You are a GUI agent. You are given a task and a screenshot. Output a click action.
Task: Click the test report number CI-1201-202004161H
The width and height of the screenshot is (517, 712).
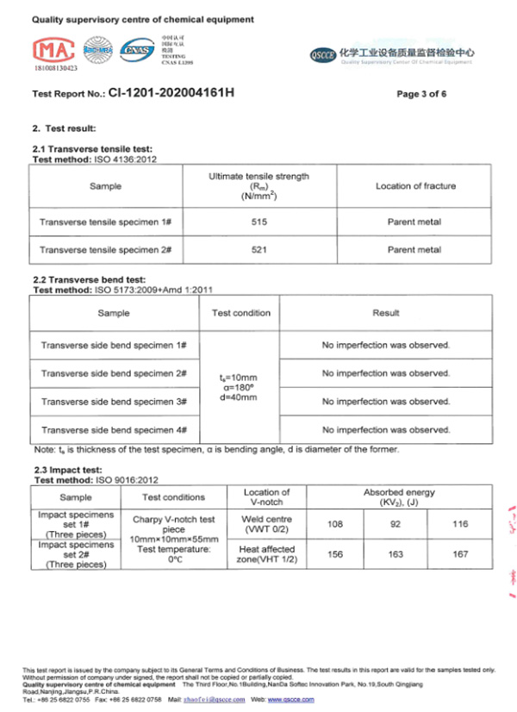171,92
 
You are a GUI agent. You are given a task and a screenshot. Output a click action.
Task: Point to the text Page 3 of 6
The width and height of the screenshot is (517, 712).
421,93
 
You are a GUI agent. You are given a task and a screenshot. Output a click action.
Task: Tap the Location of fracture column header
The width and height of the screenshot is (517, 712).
415,186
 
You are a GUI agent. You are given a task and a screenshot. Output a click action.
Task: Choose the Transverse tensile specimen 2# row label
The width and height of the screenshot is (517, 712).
105,250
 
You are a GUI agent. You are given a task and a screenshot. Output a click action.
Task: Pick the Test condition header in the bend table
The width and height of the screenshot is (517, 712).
241,313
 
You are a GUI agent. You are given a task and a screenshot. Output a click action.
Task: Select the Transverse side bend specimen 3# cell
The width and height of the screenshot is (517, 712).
114,402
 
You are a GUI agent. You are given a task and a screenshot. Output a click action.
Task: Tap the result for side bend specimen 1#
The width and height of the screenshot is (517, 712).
386,345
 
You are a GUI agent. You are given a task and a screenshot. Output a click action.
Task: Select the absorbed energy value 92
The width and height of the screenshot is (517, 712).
396,523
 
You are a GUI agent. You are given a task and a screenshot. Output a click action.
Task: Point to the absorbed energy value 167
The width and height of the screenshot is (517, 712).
460,554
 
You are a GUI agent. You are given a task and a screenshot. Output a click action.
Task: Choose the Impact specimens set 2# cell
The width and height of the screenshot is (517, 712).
75,554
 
